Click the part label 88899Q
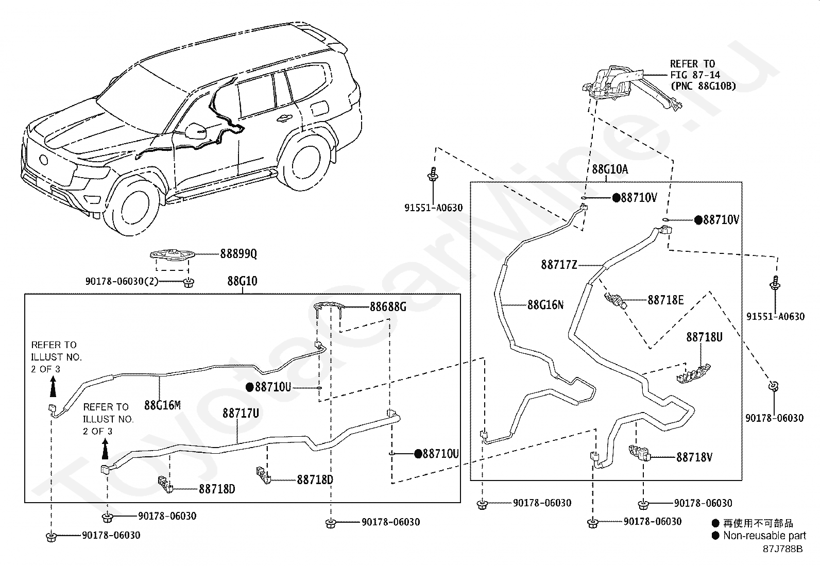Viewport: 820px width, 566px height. pos(238,254)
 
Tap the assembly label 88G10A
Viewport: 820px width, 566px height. pos(610,169)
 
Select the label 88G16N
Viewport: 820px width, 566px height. pos(545,304)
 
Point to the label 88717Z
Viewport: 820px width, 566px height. pos(559,265)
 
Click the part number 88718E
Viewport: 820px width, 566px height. pos(665,300)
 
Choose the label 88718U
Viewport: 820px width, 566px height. pos(704,337)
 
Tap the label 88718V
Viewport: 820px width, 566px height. pos(694,457)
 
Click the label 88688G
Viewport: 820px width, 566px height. pos(388,307)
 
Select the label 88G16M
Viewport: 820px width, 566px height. pos(163,405)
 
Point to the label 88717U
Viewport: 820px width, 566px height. pos(241,414)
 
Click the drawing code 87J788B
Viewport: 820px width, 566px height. pos(783,549)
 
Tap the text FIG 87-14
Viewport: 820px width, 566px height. pos(695,75)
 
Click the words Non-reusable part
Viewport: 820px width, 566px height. pos(765,536)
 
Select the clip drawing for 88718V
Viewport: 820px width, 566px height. pos(640,453)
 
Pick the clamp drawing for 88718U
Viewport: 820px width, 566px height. pos(693,374)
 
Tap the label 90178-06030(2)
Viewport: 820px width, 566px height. pos(122,282)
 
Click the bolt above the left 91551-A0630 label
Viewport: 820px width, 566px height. pos(433,174)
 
